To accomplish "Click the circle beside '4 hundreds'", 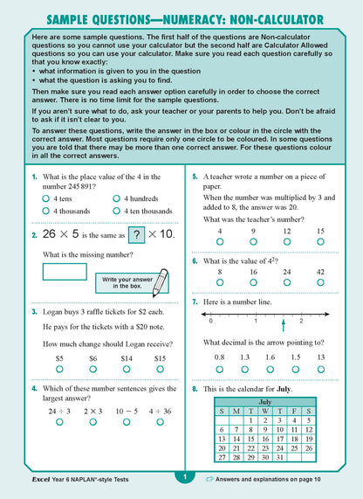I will [116, 198].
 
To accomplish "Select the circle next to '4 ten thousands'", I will [116, 211].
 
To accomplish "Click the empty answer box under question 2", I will [64, 271].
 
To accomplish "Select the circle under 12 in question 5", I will [287, 240].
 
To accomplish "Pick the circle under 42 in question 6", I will [320, 282].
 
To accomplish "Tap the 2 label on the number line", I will [301, 321].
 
